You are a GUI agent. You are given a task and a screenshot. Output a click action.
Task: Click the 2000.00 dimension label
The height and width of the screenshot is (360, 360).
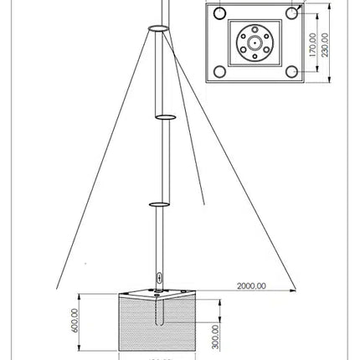point(250,285)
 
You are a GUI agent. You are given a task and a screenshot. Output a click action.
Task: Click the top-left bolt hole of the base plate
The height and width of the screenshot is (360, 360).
point(219,14)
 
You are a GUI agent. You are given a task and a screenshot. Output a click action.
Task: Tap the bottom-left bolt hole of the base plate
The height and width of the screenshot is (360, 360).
point(219,70)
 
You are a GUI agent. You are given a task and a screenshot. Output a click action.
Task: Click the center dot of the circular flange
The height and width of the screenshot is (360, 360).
point(255,43)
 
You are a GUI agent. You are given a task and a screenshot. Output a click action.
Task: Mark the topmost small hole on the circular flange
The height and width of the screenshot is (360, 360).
point(255,31)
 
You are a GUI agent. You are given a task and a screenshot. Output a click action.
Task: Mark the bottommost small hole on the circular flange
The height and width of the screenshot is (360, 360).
point(255,54)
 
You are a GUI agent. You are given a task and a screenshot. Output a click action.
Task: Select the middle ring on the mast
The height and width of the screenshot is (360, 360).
point(164,116)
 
